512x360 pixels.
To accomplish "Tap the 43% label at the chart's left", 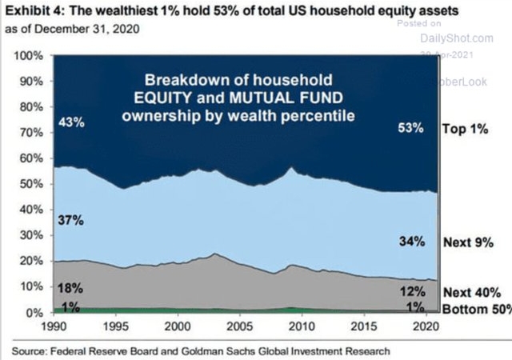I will click(70, 123).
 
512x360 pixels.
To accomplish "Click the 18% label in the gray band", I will click(70, 287).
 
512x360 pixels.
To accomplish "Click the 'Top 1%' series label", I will click(466, 127).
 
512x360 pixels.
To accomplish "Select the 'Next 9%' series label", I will click(467, 241).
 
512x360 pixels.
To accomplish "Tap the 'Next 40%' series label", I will click(471, 294).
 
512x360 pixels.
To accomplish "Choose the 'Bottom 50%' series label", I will click(475, 309).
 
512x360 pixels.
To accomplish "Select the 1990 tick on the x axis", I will click(54, 327).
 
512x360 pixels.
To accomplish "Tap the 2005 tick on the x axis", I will click(245, 327).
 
